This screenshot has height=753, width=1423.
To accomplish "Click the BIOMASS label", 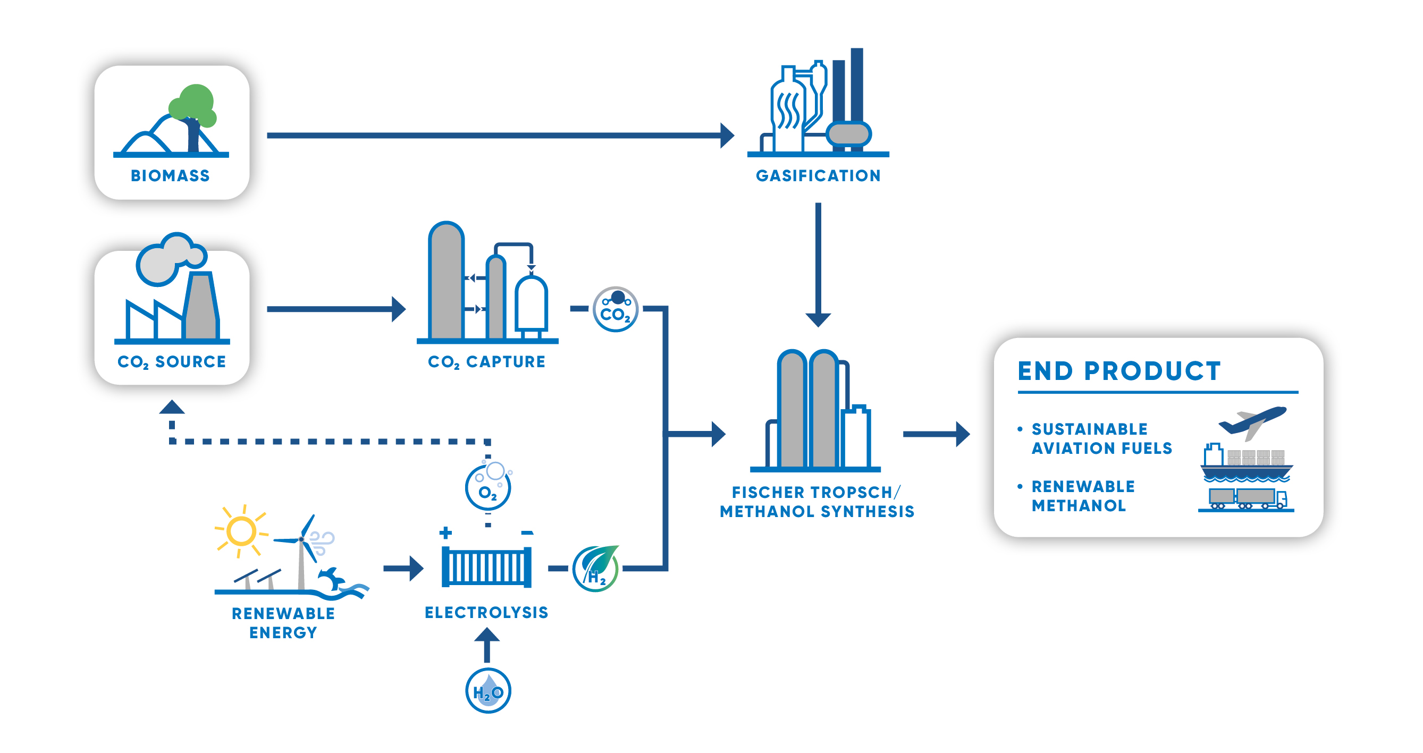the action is (170, 175).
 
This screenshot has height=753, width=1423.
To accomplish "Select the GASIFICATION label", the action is (818, 175).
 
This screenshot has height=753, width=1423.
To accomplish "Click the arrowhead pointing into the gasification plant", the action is (728, 136).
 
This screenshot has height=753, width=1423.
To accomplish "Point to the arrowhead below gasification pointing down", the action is (818, 320).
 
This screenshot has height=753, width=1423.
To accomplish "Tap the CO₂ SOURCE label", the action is (172, 362).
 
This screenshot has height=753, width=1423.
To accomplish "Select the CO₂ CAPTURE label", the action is (487, 362).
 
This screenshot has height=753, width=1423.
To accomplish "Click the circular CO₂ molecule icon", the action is (616, 309).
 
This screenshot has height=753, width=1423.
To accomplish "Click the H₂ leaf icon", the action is (596, 569).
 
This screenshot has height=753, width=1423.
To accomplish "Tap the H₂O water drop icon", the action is (489, 691).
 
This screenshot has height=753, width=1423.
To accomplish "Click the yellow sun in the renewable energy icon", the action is (241, 531).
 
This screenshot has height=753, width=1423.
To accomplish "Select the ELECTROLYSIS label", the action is (487, 612).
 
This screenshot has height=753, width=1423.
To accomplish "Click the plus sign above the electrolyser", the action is (446, 532).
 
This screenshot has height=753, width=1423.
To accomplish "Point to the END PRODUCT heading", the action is (1119, 371).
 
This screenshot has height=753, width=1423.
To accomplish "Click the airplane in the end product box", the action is (1252, 422).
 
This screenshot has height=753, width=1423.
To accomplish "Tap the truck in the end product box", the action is (1248, 498).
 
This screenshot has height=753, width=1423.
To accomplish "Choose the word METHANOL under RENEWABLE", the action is (1079, 506).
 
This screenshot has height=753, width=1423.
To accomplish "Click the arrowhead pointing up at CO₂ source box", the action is (172, 407).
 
